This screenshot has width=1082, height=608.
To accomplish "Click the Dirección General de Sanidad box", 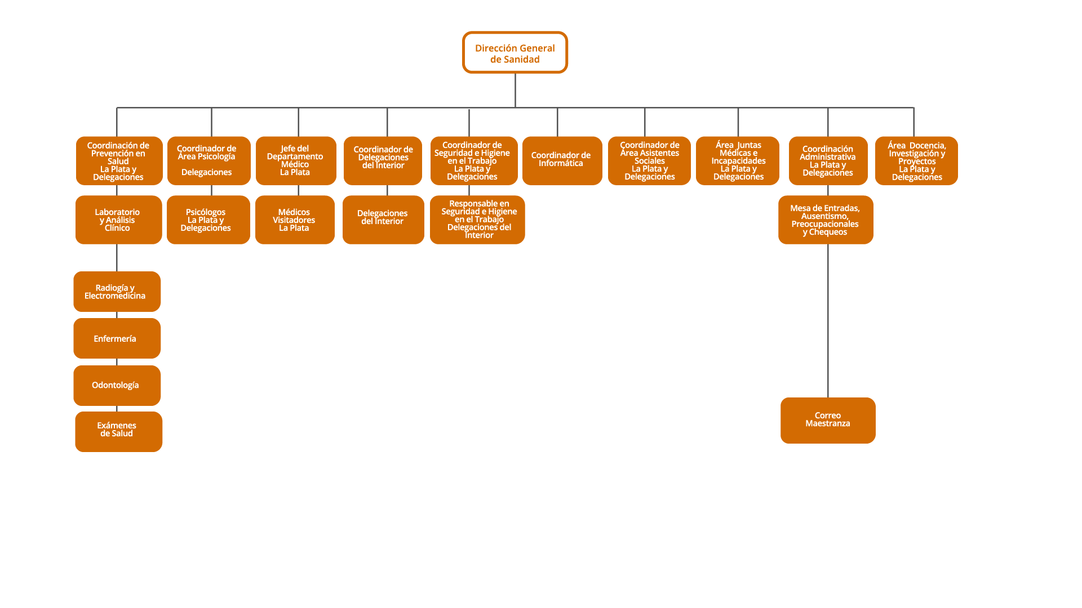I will [x=515, y=52].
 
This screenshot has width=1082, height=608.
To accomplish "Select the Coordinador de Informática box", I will [x=562, y=160].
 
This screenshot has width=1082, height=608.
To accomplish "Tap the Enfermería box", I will [x=117, y=338].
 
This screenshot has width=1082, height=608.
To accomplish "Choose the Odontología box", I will [x=117, y=386].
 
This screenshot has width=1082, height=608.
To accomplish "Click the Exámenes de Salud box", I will [x=118, y=432].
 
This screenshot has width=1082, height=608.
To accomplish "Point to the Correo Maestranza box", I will [x=827, y=421].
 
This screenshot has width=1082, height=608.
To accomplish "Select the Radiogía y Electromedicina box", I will [x=117, y=292].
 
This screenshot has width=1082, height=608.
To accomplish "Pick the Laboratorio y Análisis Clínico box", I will [x=118, y=220].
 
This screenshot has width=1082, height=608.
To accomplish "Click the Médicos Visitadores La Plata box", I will [x=295, y=220].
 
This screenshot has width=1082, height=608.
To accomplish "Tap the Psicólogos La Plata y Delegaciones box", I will [x=208, y=220].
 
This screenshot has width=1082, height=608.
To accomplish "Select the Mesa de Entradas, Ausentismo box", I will [x=825, y=220].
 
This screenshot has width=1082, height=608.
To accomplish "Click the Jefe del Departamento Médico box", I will [x=296, y=160].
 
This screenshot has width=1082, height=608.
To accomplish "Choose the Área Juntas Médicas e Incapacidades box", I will [x=737, y=160].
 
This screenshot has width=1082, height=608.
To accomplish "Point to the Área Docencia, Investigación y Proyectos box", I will [x=916, y=160].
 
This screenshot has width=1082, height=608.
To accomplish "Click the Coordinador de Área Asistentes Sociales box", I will [x=649, y=160].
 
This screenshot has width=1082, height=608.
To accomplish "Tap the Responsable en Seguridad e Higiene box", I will [x=477, y=220].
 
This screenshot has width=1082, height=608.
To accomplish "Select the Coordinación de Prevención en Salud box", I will [x=119, y=160].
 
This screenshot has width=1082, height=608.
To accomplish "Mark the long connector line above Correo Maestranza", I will [x=828, y=321].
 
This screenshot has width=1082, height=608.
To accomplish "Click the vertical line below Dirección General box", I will [x=515, y=90].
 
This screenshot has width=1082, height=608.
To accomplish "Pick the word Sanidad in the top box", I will [x=524, y=60].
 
